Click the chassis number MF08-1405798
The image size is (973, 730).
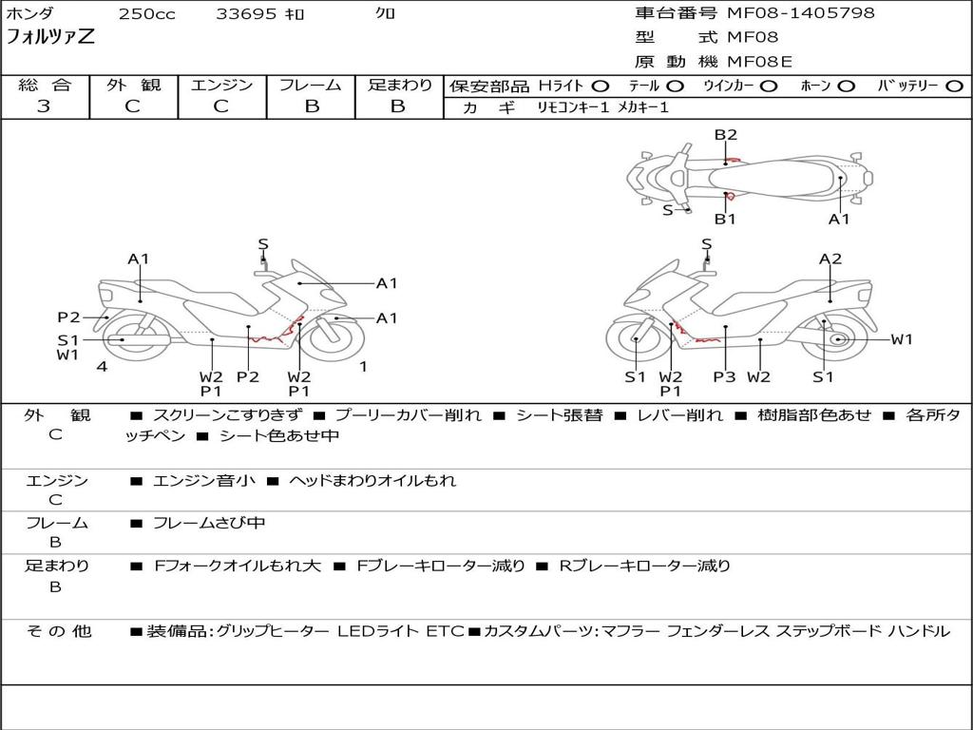pyautogui.click(x=800, y=13)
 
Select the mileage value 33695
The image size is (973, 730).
pyautogui.click(x=246, y=13)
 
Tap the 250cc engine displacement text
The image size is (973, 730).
pyautogui.click(x=147, y=13)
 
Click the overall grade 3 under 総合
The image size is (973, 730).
pyautogui.click(x=44, y=106)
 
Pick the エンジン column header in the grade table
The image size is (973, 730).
pyautogui.click(x=221, y=85)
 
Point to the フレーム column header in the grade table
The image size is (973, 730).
pyautogui.click(x=311, y=85)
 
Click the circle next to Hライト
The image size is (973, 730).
pyautogui.click(x=601, y=86)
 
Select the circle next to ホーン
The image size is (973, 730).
pyautogui.click(x=847, y=86)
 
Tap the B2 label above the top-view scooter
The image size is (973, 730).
pyautogui.click(x=725, y=135)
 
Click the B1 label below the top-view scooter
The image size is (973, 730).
pyautogui.click(x=725, y=219)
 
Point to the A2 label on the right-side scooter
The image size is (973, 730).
pyautogui.click(x=830, y=259)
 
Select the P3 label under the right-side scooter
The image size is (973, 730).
pyautogui.click(x=724, y=376)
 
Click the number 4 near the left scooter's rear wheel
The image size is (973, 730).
pyautogui.click(x=102, y=367)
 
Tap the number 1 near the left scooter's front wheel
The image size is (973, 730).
pyautogui.click(x=364, y=367)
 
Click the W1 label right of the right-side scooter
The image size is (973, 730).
pyautogui.click(x=902, y=339)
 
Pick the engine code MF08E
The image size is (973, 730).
pyautogui.click(x=759, y=62)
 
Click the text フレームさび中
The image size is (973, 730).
pyautogui.click(x=209, y=524)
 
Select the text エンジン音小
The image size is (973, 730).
pyautogui.click(x=203, y=480)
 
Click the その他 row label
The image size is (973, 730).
pyautogui.click(x=59, y=631)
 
